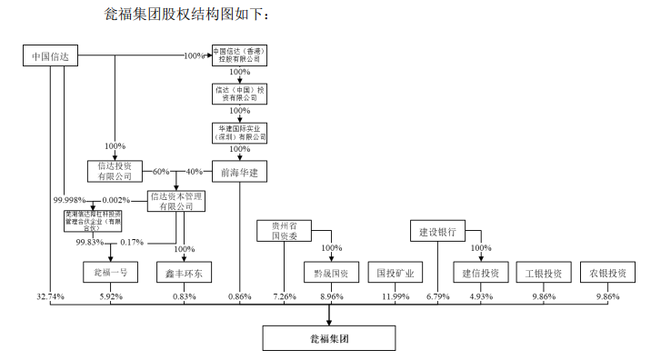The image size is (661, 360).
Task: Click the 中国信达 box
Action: point(52,57)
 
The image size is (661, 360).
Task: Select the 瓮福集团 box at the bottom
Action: point(329,338)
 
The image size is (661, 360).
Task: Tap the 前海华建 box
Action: point(239,171)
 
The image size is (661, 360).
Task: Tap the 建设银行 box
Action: point(436,231)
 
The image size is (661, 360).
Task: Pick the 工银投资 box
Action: point(543,272)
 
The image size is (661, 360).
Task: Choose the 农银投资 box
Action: point(606,272)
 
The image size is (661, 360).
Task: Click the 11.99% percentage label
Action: point(396,297)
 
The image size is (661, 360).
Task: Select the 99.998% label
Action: point(70,200)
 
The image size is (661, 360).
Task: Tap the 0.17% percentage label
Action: point(132,242)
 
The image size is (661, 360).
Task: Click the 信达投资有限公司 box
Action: point(115,171)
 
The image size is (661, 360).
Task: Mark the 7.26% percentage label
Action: point(284,297)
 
